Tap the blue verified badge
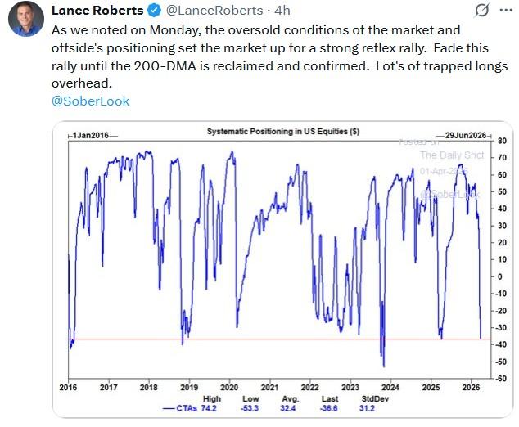pos(153,11)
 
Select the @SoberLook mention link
pos(90,101)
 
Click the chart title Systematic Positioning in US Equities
pos(282,132)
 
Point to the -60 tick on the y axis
pos(500,379)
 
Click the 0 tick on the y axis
pos(499,276)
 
